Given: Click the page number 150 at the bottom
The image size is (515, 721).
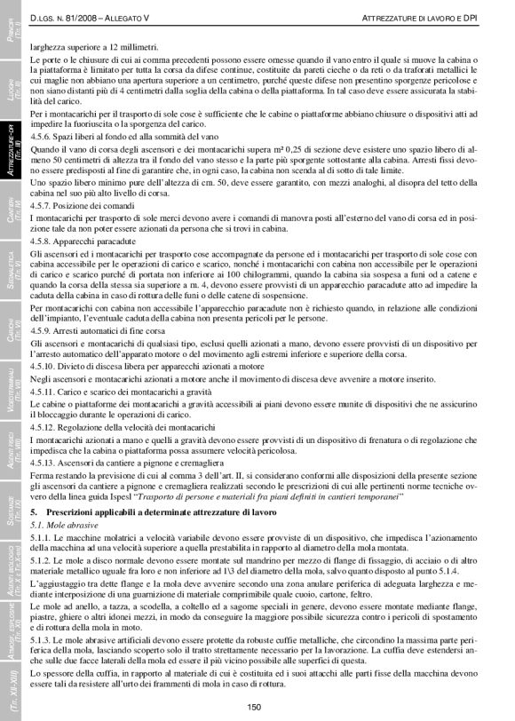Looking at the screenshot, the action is pos(254,706).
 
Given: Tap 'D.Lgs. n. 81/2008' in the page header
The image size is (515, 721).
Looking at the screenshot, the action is pos(67,18).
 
